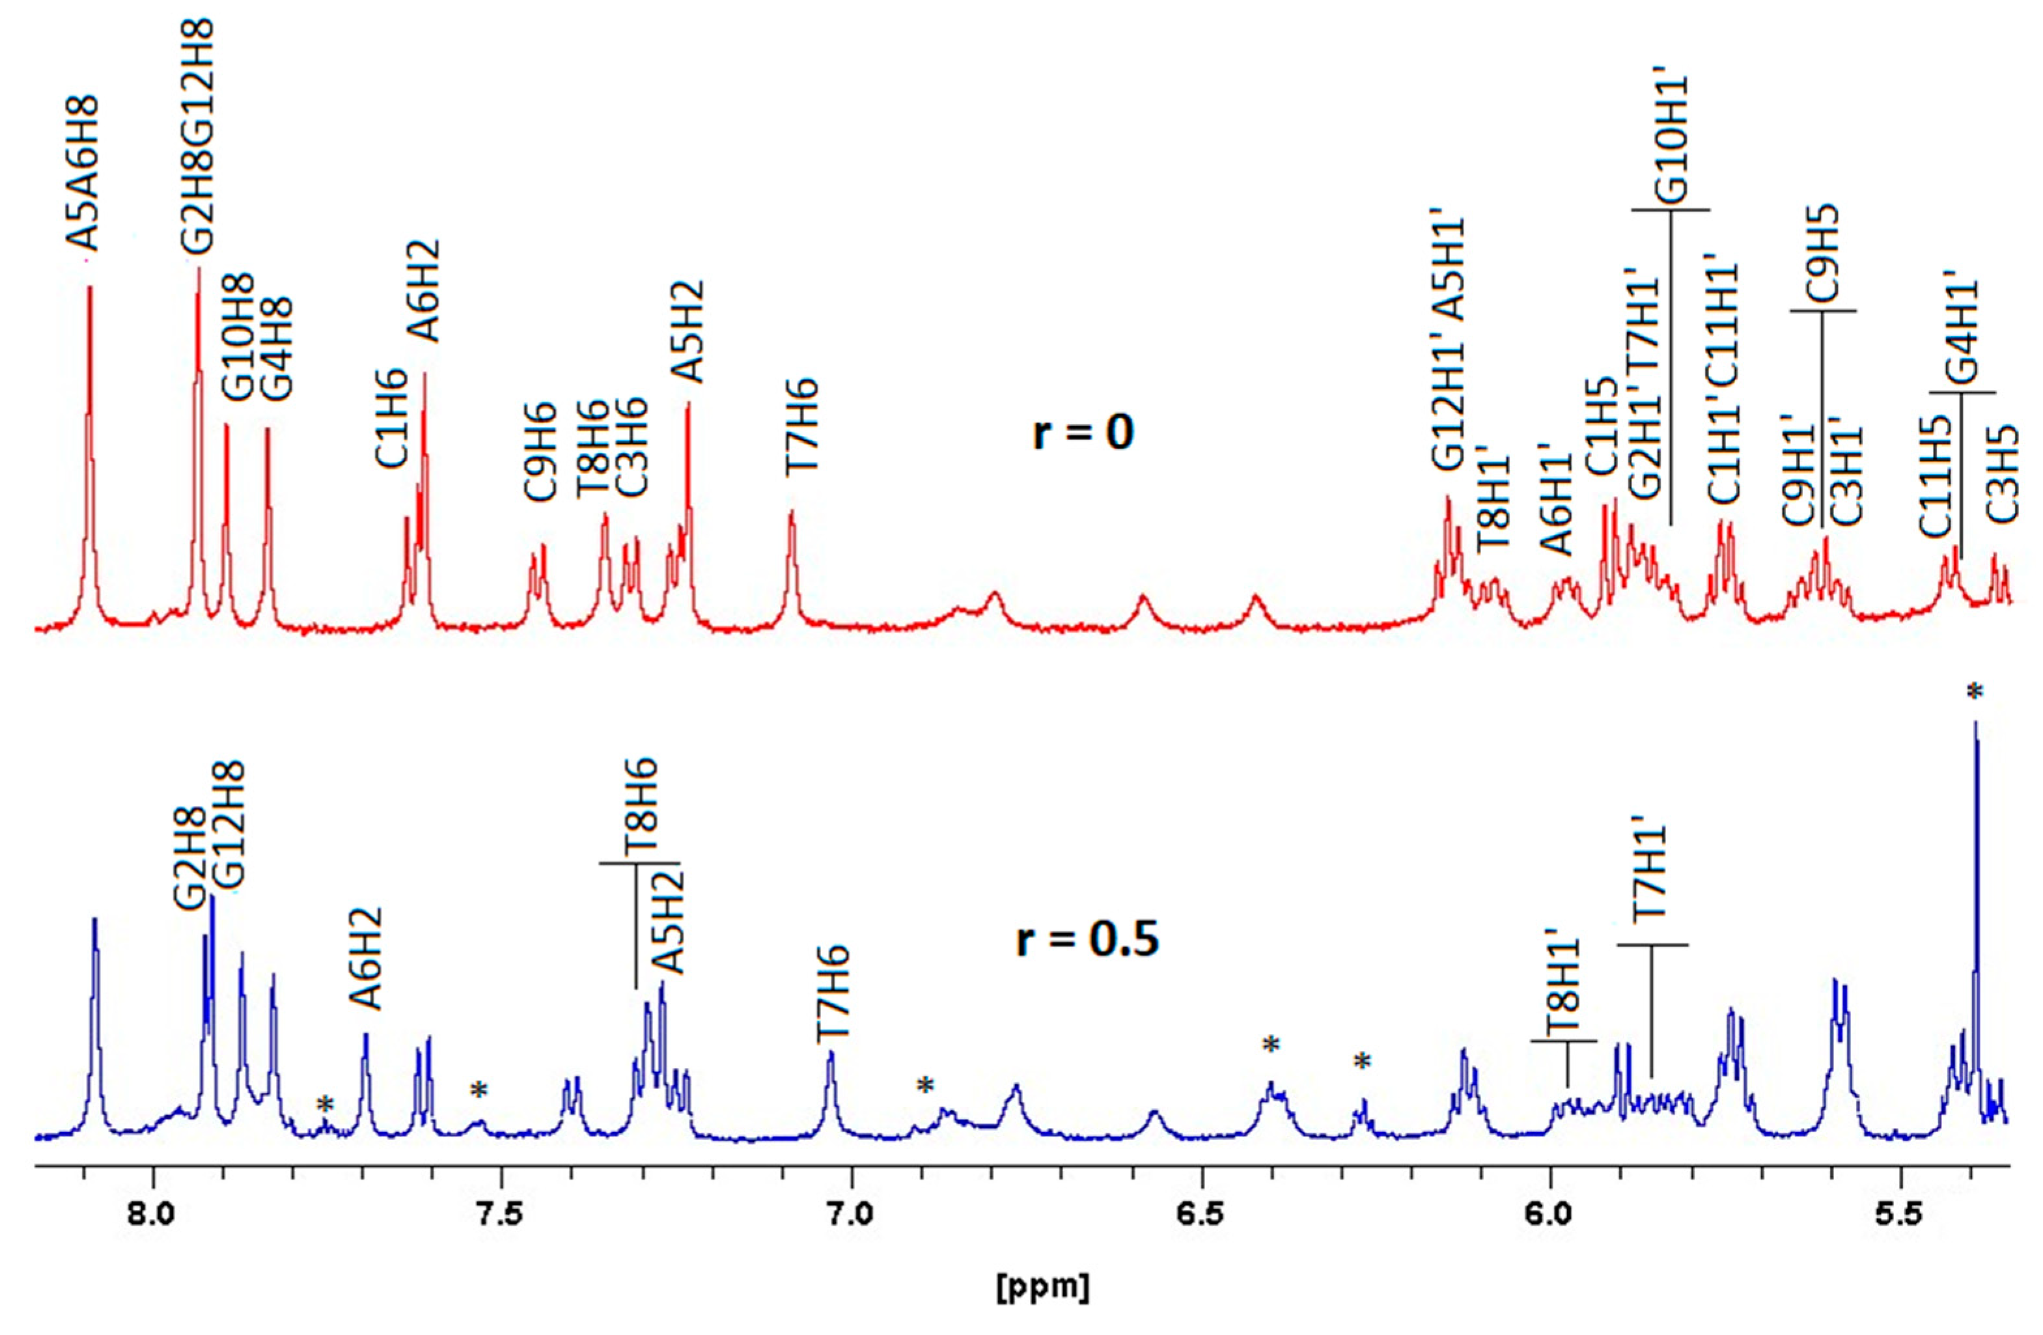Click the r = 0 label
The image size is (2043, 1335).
point(1083,432)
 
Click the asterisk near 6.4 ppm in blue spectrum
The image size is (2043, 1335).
point(1272,1044)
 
